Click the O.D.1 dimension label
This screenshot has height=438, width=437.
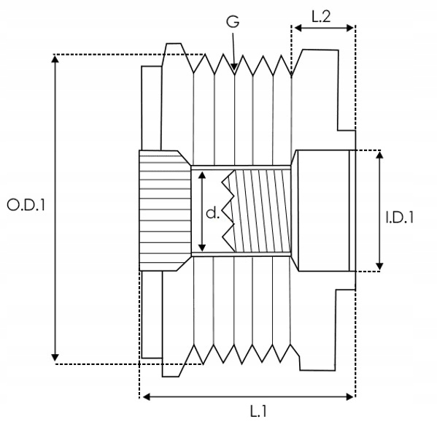tap(26, 205)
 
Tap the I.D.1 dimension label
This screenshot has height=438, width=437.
tap(400, 218)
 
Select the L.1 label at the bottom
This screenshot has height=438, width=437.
tap(258, 411)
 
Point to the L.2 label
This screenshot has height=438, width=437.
tap(321, 17)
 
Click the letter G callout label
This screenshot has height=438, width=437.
tap(233, 21)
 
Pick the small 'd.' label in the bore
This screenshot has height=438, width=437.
tap(212, 213)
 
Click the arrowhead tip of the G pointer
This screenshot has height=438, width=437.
tap(235, 70)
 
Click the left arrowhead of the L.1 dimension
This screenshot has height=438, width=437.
tap(143, 396)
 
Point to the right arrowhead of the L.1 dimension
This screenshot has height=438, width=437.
tap(354, 396)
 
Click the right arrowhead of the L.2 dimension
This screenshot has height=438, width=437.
tap(354, 28)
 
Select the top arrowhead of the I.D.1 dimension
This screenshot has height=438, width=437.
tap(379, 152)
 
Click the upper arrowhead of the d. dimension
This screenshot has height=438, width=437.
tap(202, 172)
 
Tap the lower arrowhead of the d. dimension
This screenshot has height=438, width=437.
tap(202, 251)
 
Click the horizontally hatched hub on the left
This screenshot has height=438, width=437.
tap(165, 210)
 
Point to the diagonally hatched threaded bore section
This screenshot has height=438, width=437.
tap(263, 211)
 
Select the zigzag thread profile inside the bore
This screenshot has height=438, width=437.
tap(228, 211)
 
